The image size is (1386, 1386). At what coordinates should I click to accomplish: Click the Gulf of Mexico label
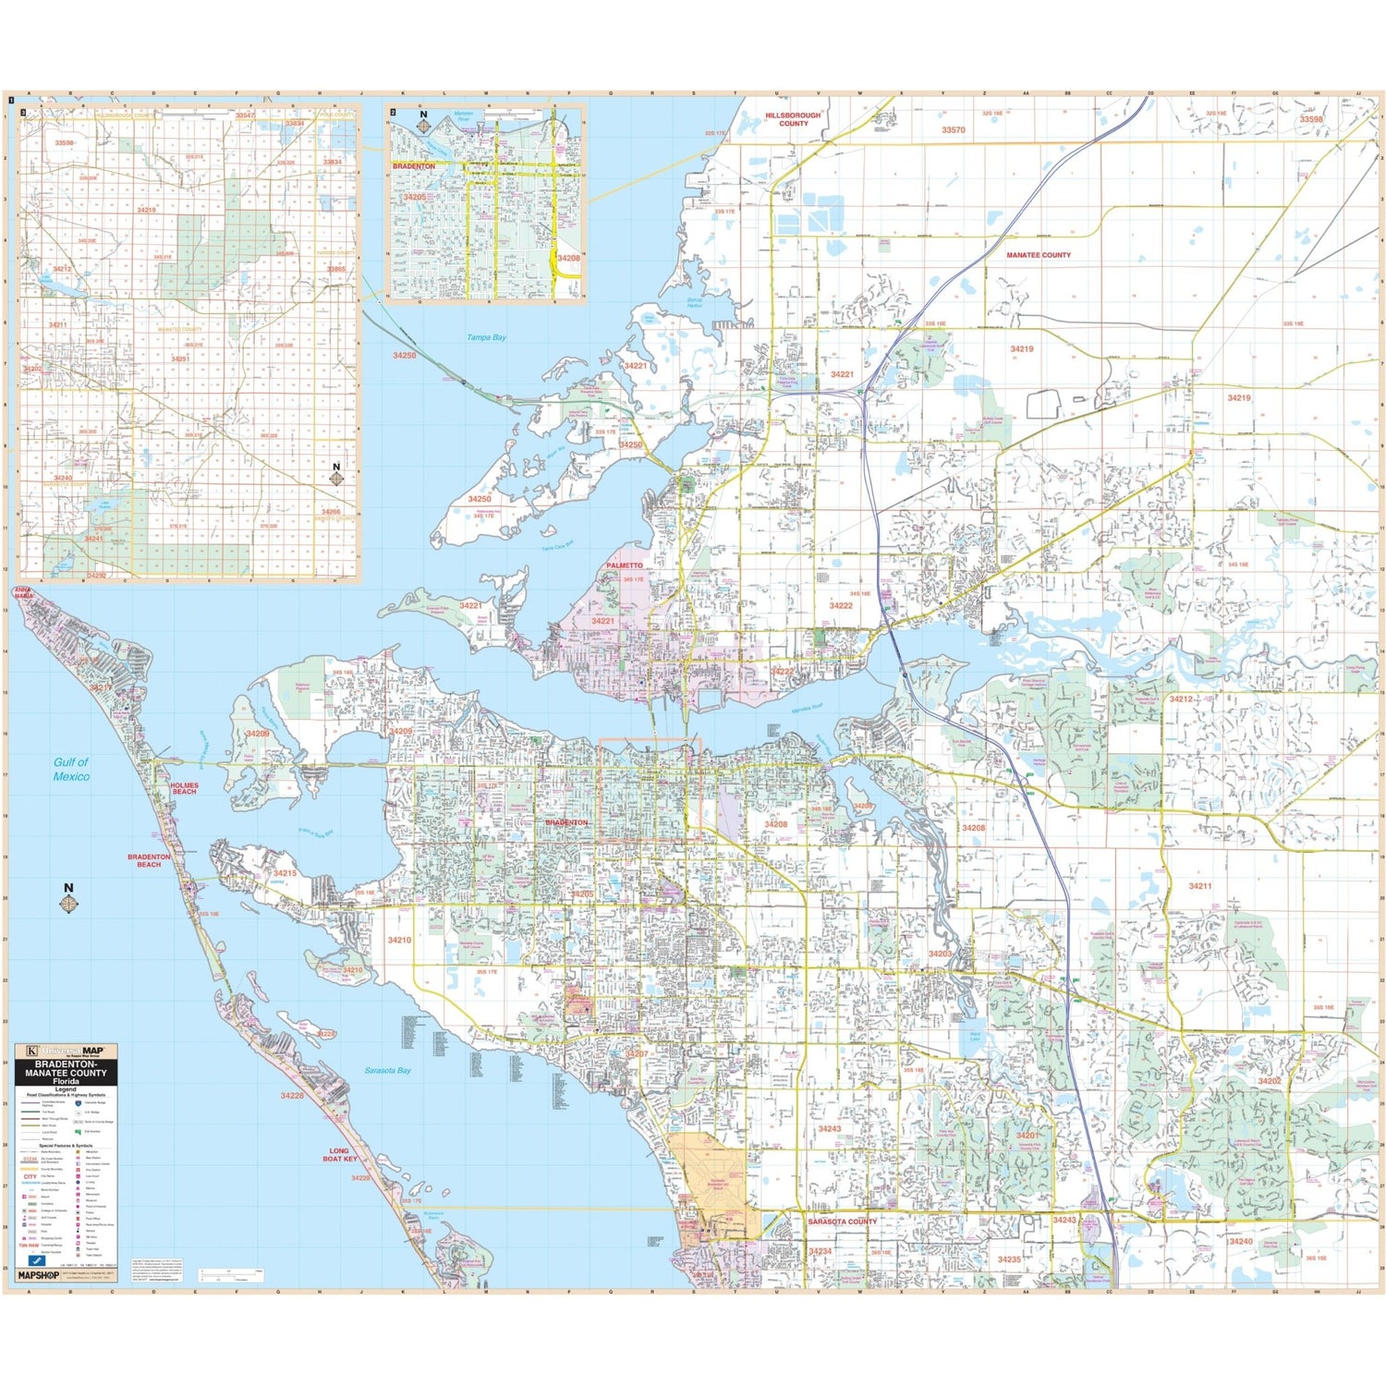71,769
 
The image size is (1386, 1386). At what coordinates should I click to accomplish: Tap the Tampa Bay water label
486,337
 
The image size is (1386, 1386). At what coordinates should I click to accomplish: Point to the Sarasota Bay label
387,1070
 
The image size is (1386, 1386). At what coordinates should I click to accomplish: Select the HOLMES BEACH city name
184,788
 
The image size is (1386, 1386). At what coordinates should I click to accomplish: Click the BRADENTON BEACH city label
149,860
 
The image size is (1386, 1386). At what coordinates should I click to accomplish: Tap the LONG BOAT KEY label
339,1154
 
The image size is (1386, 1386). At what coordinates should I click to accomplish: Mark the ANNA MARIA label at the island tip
23,592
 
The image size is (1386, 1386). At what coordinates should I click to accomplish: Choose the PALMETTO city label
625,565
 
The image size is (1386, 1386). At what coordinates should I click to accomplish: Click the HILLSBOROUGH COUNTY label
793,119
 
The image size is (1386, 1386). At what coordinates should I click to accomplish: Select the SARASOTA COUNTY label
842,1221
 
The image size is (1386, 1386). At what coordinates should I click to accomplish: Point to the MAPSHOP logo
38,1275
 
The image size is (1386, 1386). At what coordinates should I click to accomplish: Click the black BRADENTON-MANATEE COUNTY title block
66,1074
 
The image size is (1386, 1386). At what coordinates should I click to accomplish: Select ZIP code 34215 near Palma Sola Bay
285,872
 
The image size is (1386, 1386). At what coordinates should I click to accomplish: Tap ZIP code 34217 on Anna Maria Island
100,687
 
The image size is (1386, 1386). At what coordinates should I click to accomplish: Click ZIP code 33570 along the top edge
954,130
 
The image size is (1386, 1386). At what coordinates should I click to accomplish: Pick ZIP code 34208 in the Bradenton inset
568,258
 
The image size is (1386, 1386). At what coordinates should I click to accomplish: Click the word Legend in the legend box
66,1088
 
